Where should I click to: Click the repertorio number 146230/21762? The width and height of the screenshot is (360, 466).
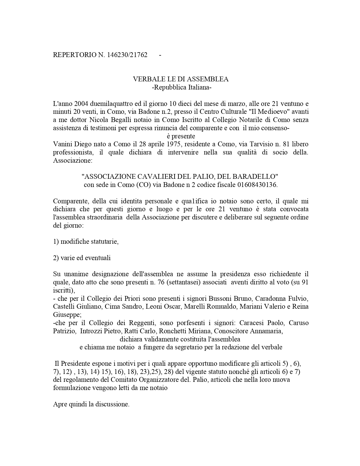pyautogui.click(x=127, y=55)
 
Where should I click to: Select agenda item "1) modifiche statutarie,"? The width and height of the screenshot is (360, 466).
pyautogui.click(x=86, y=242)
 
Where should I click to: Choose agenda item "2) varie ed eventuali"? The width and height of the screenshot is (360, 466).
pyautogui.click(x=82, y=258)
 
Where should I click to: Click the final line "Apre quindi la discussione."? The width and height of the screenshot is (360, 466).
pyautogui.click(x=91, y=404)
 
